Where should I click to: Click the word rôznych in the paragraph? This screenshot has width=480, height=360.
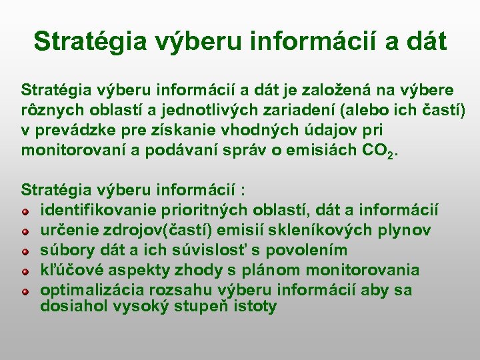coord(49,109)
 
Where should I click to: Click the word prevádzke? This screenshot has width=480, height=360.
coord(73,129)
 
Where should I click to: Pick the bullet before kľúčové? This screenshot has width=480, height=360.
coord(25,272)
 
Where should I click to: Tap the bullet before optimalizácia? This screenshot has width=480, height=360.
coord(25,291)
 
